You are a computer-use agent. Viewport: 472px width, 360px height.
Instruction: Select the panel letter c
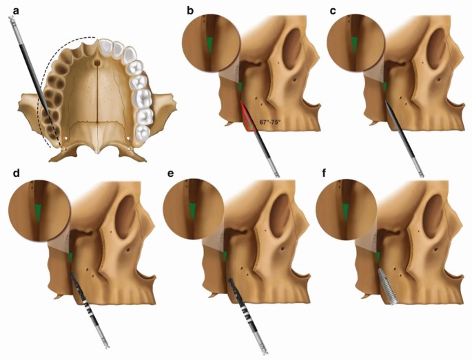pyautogui.click(x=333, y=9)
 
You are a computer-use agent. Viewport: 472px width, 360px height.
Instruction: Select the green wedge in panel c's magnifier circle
pyautogui.click(x=354, y=45)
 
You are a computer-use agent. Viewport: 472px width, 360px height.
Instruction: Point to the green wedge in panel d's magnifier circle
pyautogui.click(x=37, y=211)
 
